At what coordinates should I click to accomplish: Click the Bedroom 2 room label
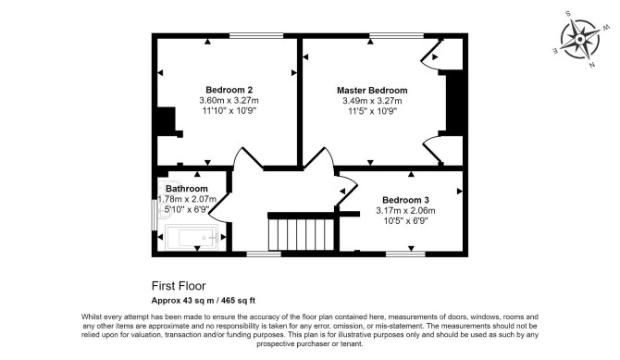229,90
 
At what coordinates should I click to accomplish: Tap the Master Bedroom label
372,90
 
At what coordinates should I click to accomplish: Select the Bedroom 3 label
405,200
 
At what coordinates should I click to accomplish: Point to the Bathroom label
187,189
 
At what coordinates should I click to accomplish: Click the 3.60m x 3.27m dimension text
229,101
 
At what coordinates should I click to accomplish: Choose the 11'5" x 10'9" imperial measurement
372,111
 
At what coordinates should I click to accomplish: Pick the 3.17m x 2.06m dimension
405,210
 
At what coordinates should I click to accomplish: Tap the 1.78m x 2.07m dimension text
187,199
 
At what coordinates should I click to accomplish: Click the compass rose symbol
579,39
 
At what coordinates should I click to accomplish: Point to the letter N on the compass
592,66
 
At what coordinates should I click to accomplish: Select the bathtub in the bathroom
192,238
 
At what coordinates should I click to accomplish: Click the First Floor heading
179,286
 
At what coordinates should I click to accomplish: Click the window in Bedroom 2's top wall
256,35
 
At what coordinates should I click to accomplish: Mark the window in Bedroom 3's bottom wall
405,254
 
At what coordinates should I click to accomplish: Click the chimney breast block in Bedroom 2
167,120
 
